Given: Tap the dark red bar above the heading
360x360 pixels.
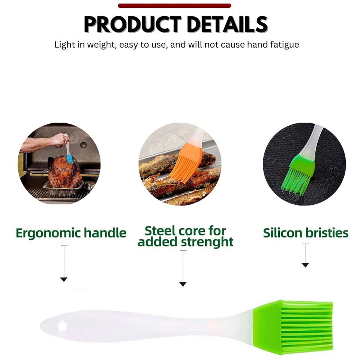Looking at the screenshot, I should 174,6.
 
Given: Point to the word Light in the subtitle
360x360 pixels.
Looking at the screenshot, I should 64,45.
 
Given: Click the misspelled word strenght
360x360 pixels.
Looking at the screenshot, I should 207,242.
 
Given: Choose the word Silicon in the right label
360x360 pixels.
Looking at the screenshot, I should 283,233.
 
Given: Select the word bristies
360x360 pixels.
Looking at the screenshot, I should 327,233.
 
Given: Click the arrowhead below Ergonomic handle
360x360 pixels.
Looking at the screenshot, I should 64,279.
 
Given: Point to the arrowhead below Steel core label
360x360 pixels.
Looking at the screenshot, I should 183,284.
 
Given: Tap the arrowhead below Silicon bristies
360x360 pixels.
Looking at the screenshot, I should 305,265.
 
